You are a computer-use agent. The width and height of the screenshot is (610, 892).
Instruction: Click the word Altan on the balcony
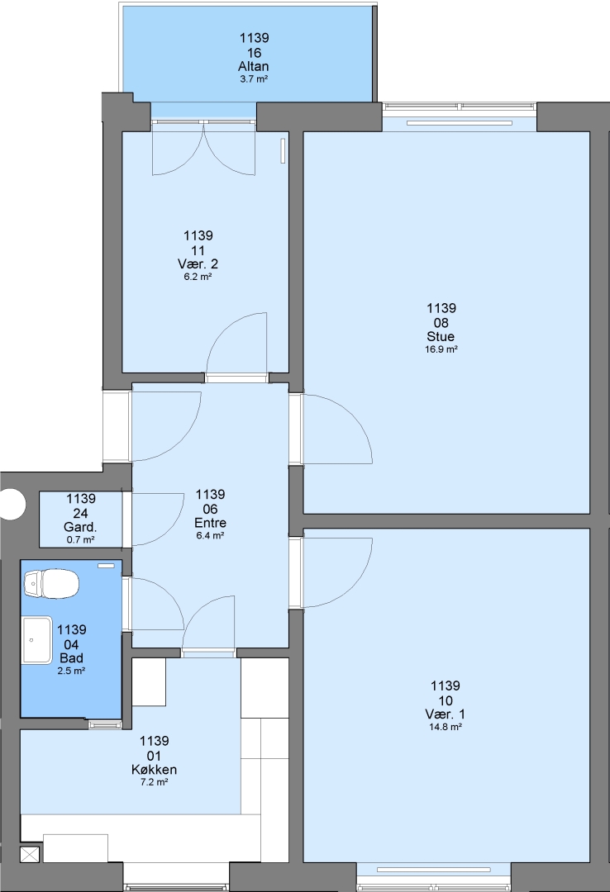tap(254, 66)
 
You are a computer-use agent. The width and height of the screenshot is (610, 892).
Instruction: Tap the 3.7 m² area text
tap(254, 79)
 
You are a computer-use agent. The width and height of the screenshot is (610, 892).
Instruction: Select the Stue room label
tap(441, 336)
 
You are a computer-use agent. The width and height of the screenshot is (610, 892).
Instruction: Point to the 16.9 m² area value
tap(441, 349)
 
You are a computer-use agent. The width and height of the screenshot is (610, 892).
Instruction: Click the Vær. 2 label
tap(198, 264)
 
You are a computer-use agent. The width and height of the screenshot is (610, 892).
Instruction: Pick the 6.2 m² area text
tap(198, 277)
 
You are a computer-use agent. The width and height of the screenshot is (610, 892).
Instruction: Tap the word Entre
tap(210, 523)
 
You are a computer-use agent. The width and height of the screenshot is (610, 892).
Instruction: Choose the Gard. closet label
tap(80, 527)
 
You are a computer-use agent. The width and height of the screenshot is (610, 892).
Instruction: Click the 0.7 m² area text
tap(81, 539)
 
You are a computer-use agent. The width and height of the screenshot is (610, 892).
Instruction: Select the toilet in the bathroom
tap(50, 584)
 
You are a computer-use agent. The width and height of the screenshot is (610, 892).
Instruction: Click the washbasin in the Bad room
tap(37, 640)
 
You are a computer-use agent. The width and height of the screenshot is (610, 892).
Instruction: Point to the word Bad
tap(71, 658)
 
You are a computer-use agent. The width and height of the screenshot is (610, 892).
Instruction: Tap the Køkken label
tap(154, 770)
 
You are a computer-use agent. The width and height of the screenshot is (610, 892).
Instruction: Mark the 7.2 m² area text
tap(154, 782)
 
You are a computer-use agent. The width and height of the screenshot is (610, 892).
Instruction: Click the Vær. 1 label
tap(445, 714)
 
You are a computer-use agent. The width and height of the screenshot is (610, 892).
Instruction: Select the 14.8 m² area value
tap(445, 727)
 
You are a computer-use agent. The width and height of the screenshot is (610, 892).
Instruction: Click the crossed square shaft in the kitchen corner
tap(31, 855)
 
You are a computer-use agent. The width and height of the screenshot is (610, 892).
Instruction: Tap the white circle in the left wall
tap(12, 504)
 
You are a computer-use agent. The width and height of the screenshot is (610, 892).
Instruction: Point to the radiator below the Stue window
tap(459, 122)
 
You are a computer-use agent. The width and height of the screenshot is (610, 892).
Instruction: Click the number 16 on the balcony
tap(254, 53)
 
